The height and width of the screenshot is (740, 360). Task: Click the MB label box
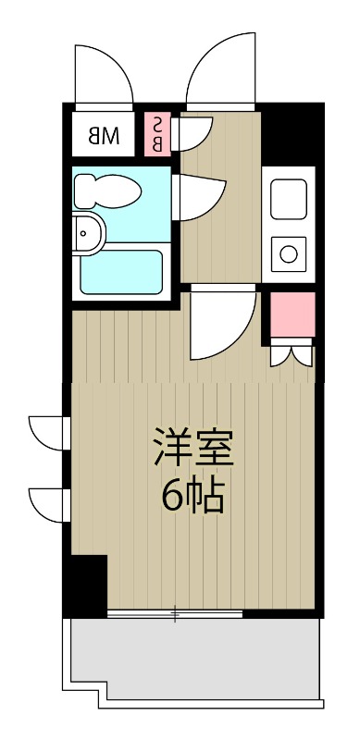(x=105, y=136)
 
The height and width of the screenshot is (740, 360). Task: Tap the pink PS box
(x=157, y=134)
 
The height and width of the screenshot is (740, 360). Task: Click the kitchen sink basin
(x=288, y=198)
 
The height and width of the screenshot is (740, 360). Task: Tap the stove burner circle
(x=288, y=251)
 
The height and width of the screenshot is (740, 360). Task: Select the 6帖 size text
(x=193, y=497)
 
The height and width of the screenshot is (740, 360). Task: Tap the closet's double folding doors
(x=292, y=354)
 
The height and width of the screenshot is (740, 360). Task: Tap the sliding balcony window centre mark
(x=175, y=614)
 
